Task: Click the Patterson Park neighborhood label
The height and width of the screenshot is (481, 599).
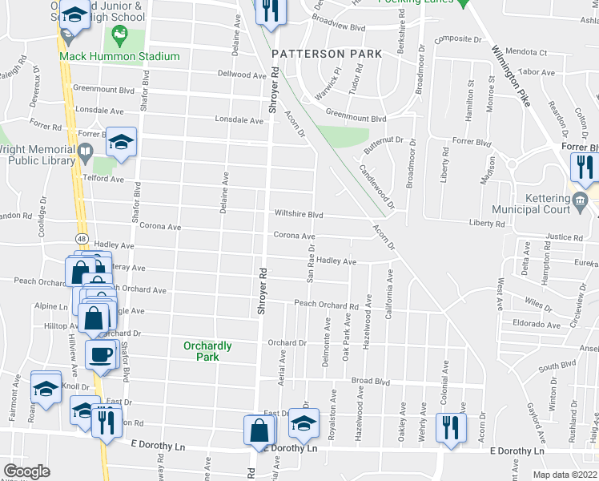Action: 323,54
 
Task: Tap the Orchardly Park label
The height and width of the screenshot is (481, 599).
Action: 207,351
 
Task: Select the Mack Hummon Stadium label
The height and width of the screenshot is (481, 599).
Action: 120,57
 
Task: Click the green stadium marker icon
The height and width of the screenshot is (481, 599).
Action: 120,34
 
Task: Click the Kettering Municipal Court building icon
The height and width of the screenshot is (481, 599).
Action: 581,200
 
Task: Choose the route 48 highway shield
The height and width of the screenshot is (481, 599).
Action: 82,239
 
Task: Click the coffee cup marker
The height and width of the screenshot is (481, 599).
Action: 101,354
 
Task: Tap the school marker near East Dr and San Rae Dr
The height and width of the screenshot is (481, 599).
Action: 303,423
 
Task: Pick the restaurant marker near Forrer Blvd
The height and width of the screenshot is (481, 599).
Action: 584,166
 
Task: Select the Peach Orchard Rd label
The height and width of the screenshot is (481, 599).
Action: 326,305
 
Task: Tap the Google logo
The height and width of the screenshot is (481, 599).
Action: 26,471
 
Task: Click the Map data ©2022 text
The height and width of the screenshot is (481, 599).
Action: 565,475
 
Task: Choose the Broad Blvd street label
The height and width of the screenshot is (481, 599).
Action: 370,381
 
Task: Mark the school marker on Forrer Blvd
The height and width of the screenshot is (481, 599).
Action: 121,142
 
